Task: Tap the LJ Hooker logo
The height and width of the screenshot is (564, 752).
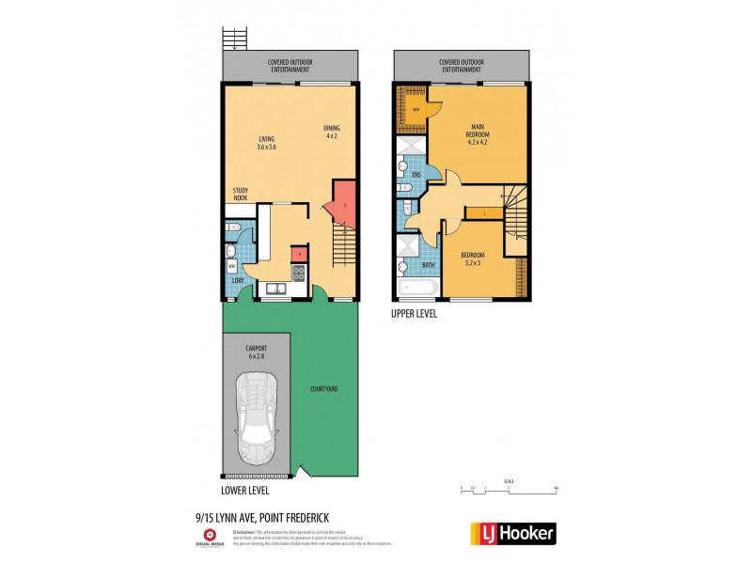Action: (x=511, y=533)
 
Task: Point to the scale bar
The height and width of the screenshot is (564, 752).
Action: (x=509, y=488)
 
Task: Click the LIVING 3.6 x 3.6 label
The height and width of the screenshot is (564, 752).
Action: (x=266, y=143)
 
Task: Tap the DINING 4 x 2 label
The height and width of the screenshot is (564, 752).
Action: (x=331, y=132)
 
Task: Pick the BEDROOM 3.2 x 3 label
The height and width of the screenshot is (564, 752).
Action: (x=473, y=258)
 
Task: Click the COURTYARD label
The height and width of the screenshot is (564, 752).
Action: (x=324, y=388)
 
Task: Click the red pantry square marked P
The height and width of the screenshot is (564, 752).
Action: (x=299, y=251)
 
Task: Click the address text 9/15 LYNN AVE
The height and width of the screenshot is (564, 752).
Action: (x=243, y=515)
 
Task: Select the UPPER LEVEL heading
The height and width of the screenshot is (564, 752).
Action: (x=414, y=314)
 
